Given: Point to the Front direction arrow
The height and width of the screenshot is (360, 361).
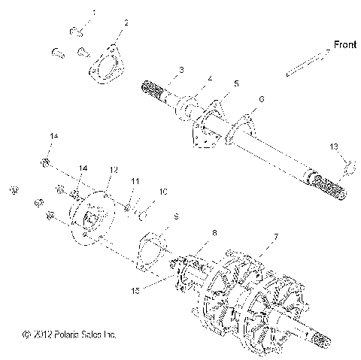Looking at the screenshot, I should [x=308, y=62].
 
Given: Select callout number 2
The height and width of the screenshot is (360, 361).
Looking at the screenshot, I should [x=126, y=23].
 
